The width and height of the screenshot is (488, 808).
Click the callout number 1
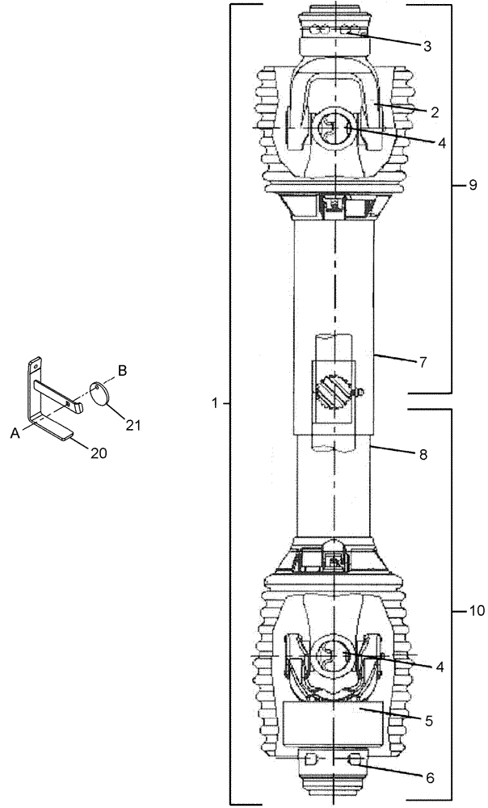click(x=215, y=402)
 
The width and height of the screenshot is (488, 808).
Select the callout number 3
click(x=427, y=46)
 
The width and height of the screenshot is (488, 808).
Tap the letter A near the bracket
click(x=15, y=433)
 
